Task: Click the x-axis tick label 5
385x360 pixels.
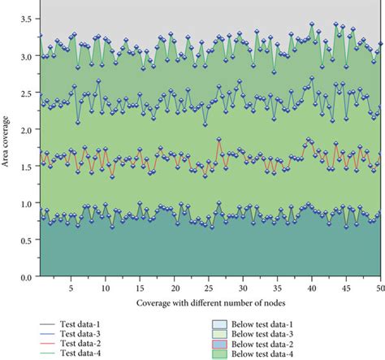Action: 71,288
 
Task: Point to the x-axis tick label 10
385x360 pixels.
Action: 105,288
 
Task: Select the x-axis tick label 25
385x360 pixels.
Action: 209,288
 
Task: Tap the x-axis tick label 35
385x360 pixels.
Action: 278,288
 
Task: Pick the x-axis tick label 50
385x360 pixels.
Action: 380,288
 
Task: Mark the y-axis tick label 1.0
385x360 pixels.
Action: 27,204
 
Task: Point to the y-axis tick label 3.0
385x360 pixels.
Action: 27,56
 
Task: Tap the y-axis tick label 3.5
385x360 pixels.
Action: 27,19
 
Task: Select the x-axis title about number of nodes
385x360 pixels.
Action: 209,303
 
